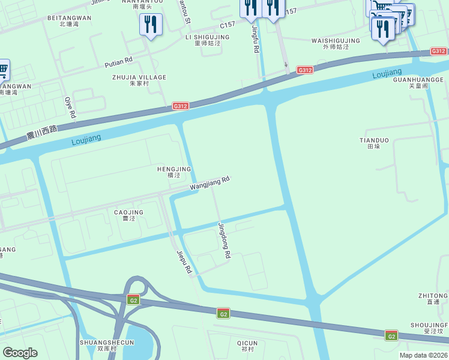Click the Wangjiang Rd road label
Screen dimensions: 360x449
click(210, 184)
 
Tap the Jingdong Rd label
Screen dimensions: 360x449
click(224, 240)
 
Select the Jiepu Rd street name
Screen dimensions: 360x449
click(183, 262)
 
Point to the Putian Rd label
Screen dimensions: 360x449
click(118, 62)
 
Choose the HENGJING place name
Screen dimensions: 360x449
click(174, 172)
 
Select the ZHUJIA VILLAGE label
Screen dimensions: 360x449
click(139, 80)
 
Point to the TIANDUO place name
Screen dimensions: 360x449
click(374, 143)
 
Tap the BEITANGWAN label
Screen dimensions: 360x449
click(69, 21)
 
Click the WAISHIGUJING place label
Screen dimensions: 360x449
click(336, 44)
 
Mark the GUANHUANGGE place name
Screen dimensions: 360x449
click(418, 82)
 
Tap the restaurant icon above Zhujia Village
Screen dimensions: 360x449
click(149, 25)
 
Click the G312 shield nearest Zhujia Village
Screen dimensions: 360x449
click(180, 106)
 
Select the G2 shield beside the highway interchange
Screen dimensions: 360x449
click(133, 300)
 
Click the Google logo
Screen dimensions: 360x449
click(20, 353)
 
